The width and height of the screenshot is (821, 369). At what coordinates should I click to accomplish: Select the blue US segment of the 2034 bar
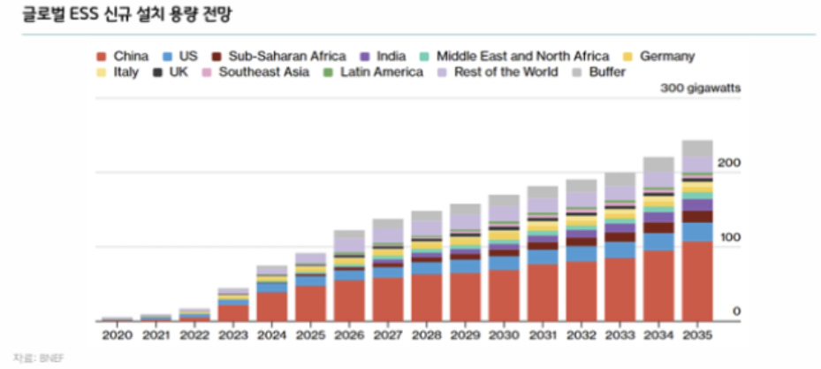(658, 242)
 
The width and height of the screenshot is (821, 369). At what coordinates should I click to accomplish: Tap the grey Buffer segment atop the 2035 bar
(696, 149)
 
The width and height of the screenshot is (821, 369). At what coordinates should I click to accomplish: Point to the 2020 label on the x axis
(117, 336)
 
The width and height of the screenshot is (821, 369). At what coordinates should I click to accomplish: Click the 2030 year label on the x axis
(503, 336)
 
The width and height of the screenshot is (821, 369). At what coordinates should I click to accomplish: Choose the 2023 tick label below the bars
(232, 336)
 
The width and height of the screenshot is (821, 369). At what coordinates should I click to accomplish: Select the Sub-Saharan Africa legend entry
(280, 57)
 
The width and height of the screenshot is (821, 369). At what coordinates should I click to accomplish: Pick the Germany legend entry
(666, 57)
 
